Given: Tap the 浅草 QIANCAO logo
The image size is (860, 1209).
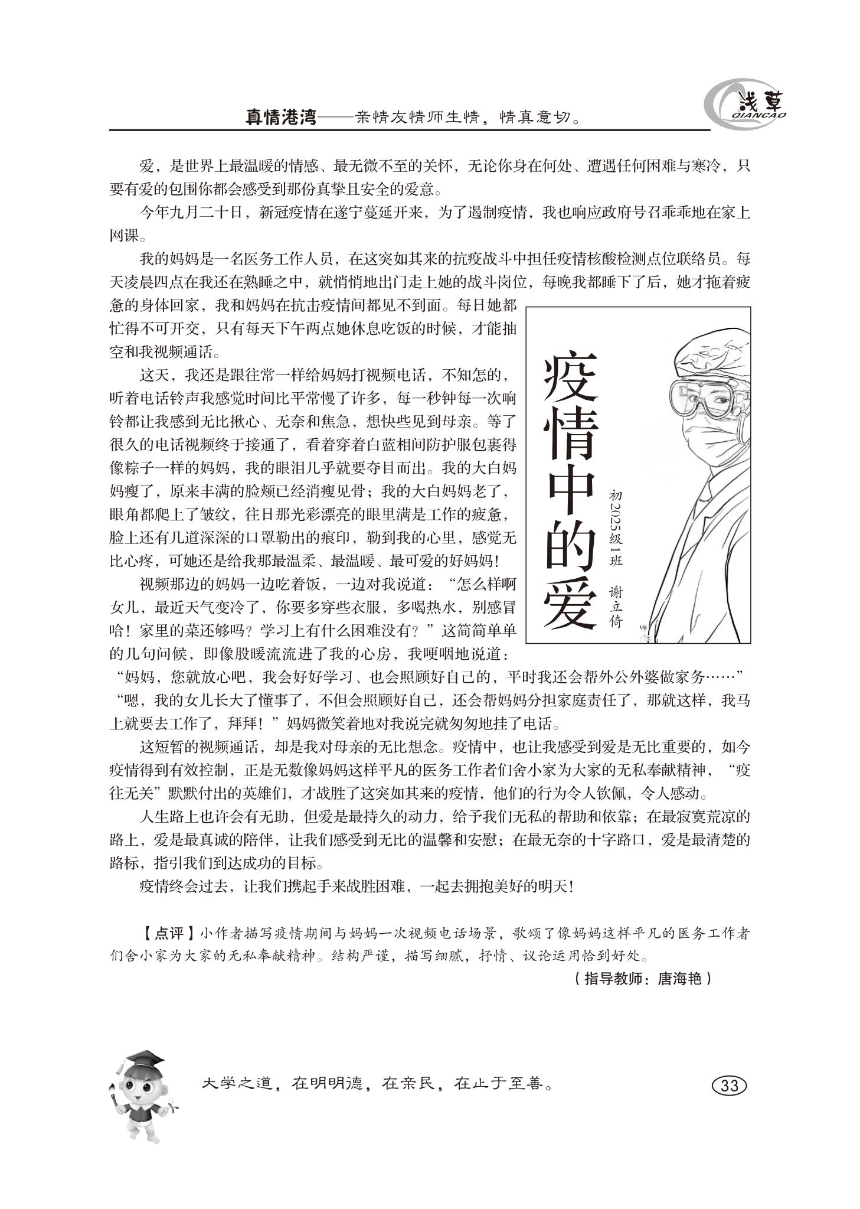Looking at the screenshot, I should click(x=746, y=107).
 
